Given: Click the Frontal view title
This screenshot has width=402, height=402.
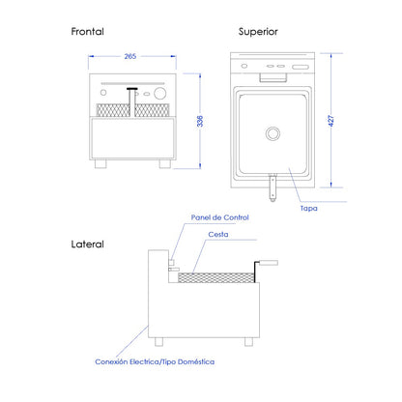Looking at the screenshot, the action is pos(87,32).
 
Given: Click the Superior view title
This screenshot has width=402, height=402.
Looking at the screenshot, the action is pos(258,32).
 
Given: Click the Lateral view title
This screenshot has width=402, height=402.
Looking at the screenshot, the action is pos(87,244).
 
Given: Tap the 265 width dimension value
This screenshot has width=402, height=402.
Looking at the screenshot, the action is pos(130,56).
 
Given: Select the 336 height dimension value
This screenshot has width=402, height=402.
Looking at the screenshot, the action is pos(200,121).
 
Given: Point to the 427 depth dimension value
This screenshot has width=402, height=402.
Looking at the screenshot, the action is pos(331,121).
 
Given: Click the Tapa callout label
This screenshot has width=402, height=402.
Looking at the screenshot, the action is pos(308,209).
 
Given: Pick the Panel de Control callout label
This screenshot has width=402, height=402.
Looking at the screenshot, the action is pos(220,217).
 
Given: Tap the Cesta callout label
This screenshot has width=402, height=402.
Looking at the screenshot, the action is pos(218,235).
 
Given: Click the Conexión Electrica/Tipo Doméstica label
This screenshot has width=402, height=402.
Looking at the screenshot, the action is pos(155,361).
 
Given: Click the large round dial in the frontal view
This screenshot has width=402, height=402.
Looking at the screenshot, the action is pos(160,93).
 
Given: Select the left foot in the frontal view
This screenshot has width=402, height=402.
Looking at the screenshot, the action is pos(100,163).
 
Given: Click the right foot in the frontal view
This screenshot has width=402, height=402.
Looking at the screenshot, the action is pos(165,163).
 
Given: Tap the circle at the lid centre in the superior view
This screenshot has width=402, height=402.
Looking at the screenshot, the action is pos(273,133).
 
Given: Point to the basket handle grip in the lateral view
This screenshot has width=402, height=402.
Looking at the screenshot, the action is pos(269,263).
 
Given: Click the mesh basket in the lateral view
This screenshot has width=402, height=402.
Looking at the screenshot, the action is pos(216,277).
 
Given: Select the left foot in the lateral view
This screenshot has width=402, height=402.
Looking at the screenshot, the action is pos(158,342).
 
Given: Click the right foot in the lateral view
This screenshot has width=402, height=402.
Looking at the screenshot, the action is pos(248,342).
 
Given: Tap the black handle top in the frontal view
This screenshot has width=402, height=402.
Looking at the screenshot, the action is pos(132,89).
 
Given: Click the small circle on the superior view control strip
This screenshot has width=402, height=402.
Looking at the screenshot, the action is pos(244,66).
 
